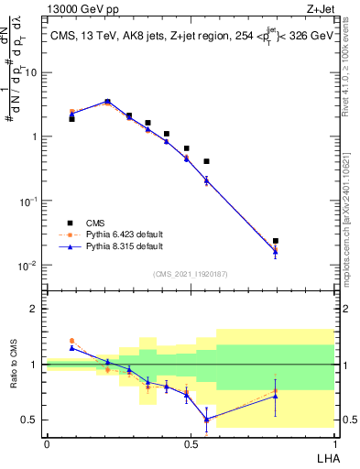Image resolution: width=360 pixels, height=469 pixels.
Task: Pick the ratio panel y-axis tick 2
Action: [x=38, y=309]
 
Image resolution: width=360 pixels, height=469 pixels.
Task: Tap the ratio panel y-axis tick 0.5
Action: [x=33, y=420]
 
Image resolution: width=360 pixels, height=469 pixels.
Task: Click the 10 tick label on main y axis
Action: [x=33, y=71]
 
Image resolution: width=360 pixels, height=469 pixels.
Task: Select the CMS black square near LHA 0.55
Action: [x=206, y=161]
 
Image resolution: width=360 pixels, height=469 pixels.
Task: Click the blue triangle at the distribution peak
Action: [x=107, y=102]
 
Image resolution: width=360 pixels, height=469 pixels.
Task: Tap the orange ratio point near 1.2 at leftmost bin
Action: [x=72, y=340]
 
